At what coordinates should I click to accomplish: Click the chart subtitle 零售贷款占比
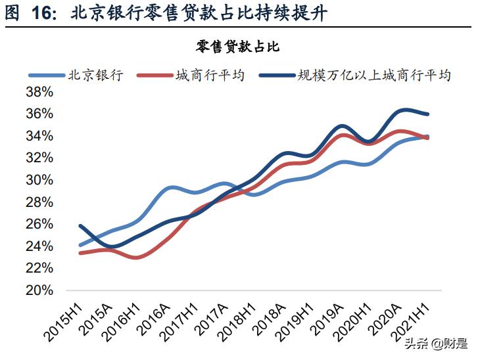(238, 45)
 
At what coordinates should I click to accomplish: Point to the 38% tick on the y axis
(39, 92)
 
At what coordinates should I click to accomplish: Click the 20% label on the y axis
(39, 290)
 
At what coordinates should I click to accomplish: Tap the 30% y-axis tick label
(39, 180)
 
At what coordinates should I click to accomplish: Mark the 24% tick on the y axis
(39, 246)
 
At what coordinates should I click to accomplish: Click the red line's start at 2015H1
(80, 253)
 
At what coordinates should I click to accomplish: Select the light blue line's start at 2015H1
(80, 245)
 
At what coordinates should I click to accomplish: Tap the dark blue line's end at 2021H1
(429, 114)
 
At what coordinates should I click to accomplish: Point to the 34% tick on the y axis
(39, 136)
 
